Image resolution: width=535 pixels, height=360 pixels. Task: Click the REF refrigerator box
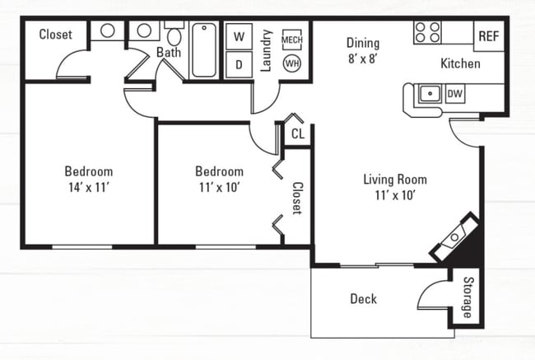(489, 36)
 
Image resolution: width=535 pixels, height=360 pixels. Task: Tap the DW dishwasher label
(455, 93)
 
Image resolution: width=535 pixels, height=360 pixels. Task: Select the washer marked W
(240, 36)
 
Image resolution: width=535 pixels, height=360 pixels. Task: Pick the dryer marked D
(240, 64)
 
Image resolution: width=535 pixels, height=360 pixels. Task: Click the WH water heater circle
(292, 63)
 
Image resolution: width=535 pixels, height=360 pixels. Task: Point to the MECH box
(292, 40)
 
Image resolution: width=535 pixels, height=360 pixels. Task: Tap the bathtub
(204, 50)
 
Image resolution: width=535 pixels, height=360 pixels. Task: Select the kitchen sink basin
(430, 93)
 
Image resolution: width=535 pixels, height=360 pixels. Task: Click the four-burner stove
(427, 32)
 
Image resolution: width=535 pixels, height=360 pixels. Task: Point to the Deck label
(363, 299)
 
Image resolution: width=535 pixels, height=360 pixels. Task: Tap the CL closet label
(298, 134)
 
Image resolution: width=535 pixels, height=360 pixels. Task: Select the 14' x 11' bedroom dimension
(89, 187)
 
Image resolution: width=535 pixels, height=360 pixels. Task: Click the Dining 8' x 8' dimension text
(362, 58)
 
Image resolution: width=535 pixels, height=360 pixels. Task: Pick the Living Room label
(395, 180)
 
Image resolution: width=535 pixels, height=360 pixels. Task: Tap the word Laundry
(267, 50)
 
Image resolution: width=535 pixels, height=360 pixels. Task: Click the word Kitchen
(460, 63)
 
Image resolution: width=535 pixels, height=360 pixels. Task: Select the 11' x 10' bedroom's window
(226, 246)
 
